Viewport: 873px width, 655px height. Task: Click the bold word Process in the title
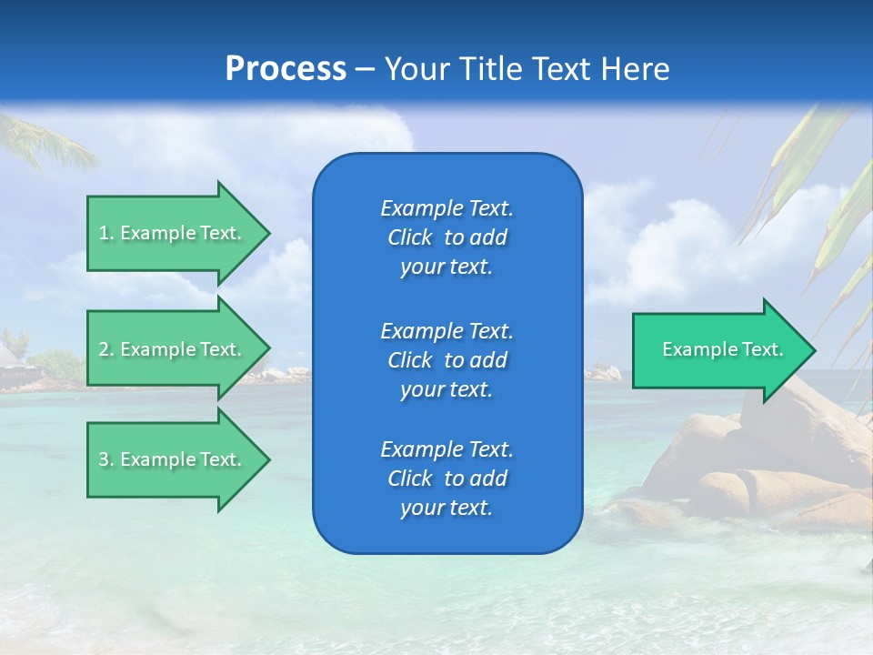(x=286, y=69)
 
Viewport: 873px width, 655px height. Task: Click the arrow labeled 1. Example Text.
(x=173, y=233)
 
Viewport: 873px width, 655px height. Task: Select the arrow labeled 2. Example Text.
(x=173, y=349)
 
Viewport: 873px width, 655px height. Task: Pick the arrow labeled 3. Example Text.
(x=173, y=459)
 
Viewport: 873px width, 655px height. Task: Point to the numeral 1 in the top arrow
(x=104, y=233)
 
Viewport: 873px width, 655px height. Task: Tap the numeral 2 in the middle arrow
(x=105, y=349)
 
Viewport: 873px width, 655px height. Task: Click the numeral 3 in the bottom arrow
(x=105, y=459)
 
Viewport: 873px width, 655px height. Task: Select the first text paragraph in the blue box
(x=447, y=237)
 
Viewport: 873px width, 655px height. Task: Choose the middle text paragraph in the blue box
(x=447, y=360)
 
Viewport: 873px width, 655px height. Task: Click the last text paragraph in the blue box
(x=447, y=479)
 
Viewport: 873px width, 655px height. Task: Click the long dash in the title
(x=365, y=69)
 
